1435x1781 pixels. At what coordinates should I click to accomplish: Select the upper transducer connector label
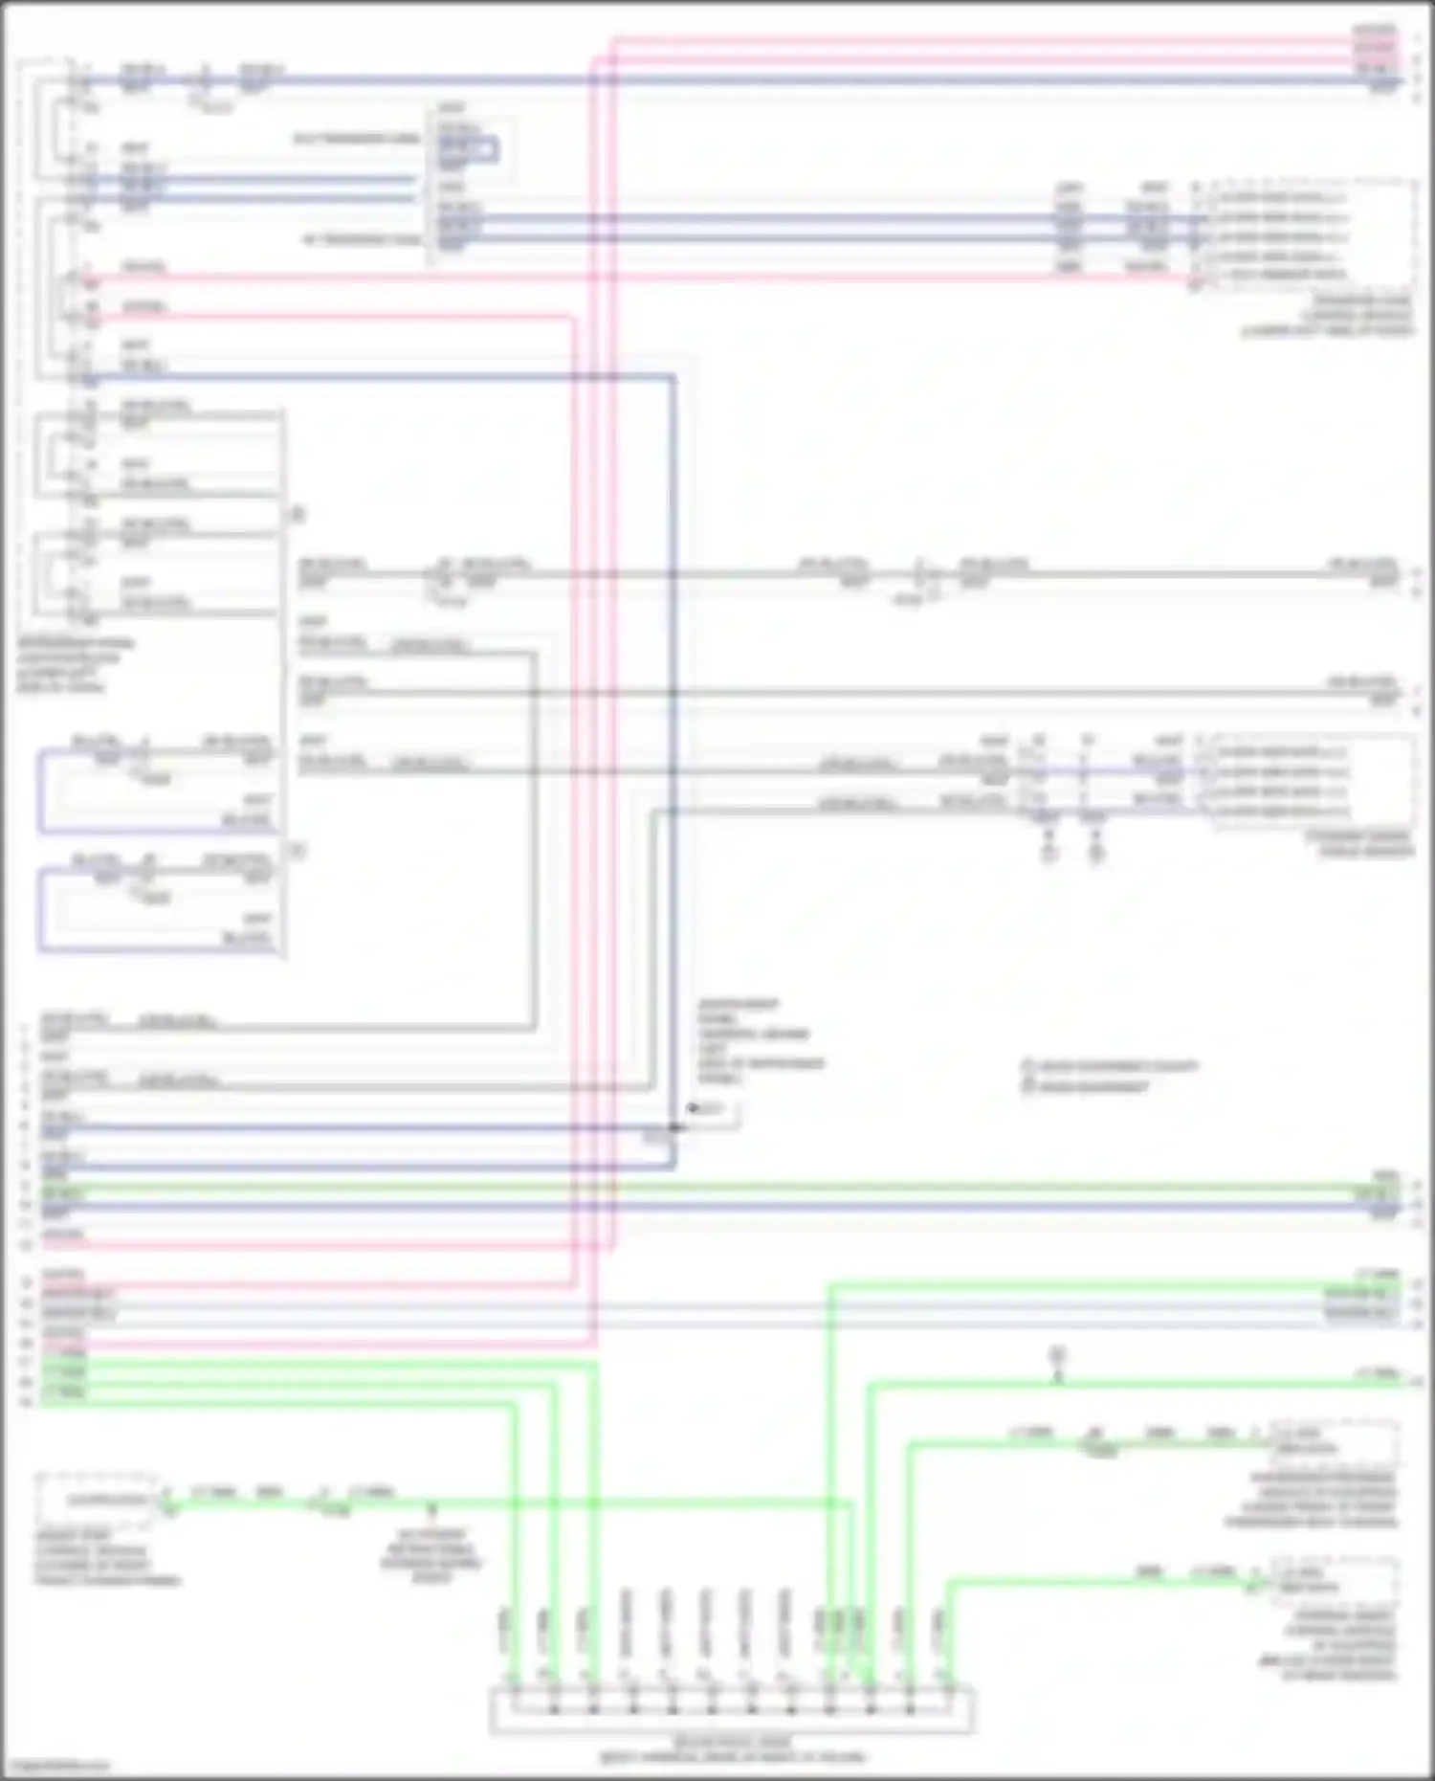[357, 140]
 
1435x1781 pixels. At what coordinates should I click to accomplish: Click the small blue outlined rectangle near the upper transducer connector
[468, 149]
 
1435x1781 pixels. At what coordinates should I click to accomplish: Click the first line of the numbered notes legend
[1110, 1066]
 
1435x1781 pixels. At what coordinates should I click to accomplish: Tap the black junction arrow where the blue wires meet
[691, 1109]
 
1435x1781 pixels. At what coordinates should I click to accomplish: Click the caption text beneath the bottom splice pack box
[732, 1749]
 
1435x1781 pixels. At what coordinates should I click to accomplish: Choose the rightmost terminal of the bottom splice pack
[948, 1709]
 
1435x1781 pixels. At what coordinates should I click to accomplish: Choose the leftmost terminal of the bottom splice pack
[514, 1709]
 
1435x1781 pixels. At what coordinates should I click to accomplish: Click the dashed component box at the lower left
[96, 1499]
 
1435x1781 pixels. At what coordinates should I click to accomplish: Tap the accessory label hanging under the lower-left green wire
[431, 1555]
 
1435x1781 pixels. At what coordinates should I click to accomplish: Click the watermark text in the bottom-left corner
[55, 1766]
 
